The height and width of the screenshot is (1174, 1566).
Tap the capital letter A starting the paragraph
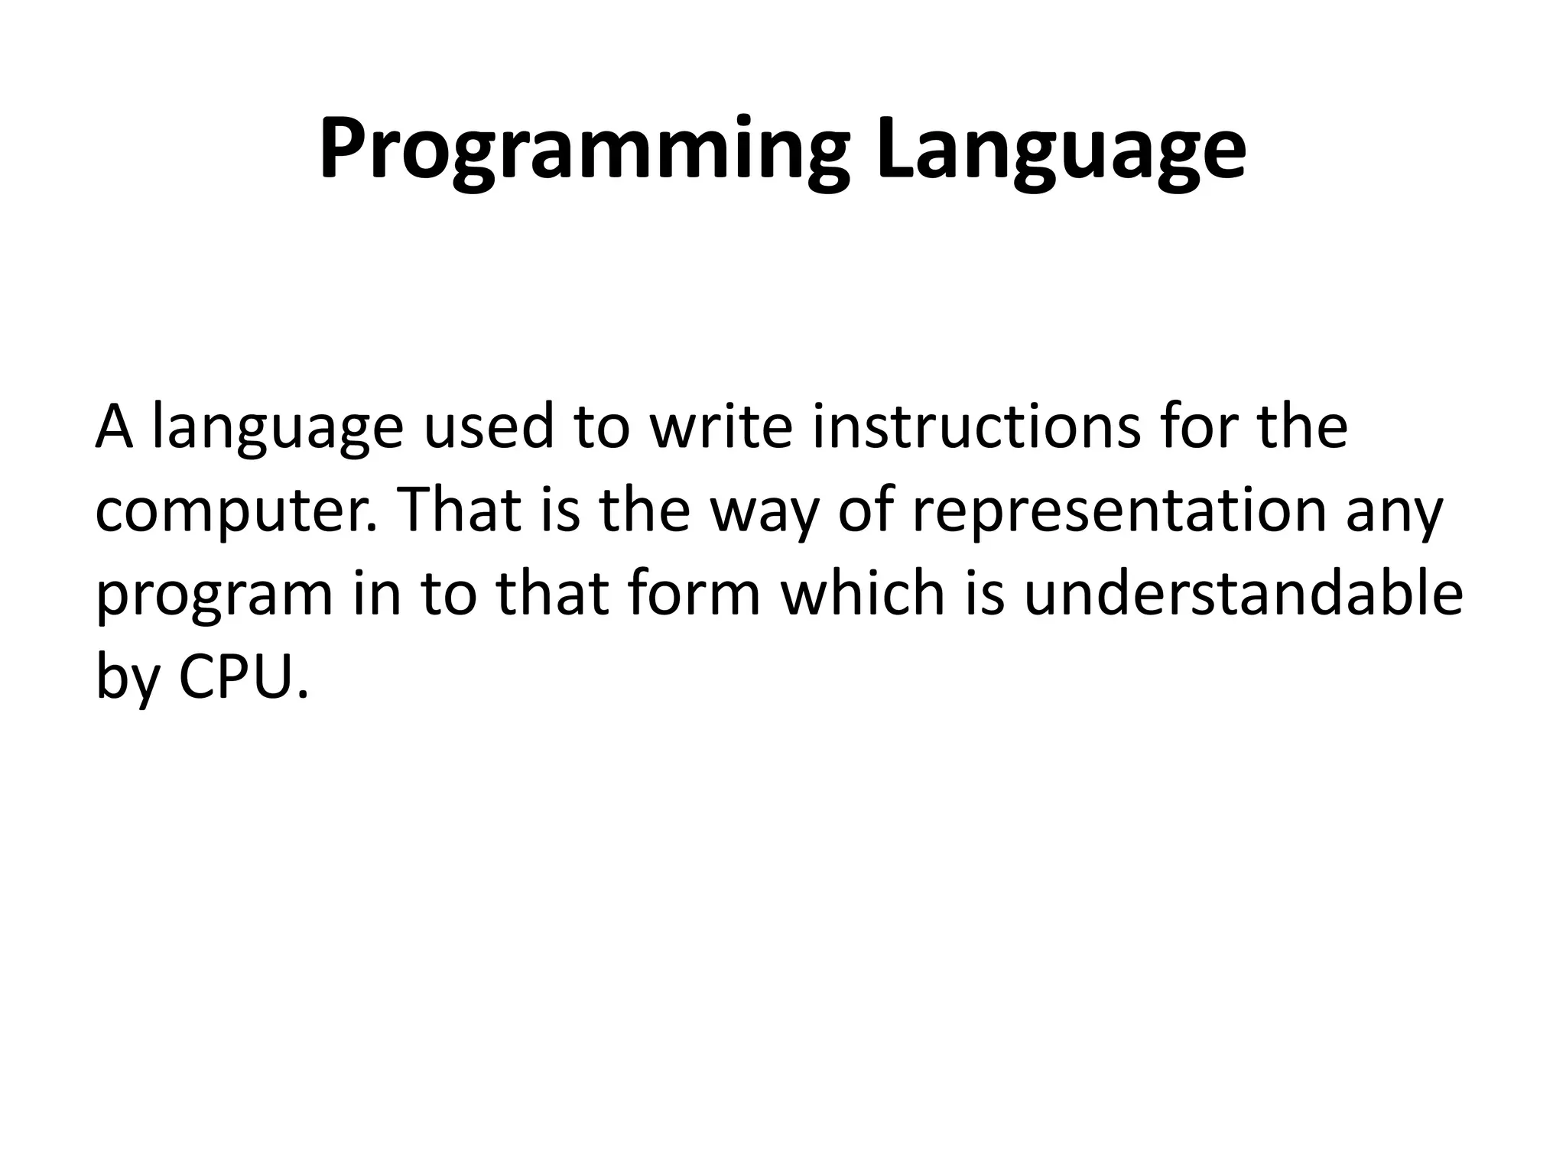tap(114, 427)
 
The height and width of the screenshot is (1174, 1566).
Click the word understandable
tap(1243, 592)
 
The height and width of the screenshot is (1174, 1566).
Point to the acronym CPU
tap(244, 676)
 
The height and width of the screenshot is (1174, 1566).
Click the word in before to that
tap(377, 592)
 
